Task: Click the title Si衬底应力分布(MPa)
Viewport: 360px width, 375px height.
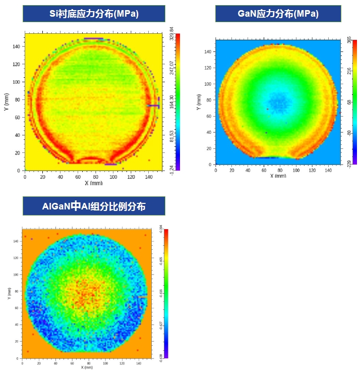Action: (x=94, y=14)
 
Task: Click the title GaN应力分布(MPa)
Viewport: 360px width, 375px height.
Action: (x=278, y=14)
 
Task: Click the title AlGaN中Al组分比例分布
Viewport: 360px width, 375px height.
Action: (x=94, y=206)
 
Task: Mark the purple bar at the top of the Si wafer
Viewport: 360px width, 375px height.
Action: (x=94, y=38)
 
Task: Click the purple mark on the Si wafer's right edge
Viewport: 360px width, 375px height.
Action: (x=154, y=105)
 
